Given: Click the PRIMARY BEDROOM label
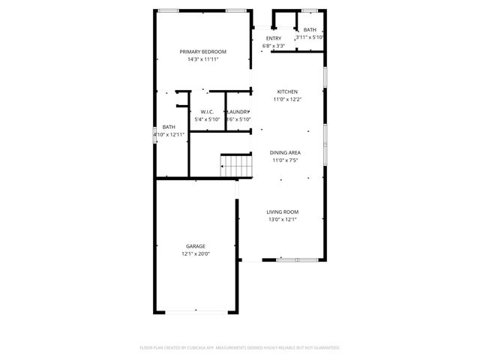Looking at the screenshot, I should click(202, 51).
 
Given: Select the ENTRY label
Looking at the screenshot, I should click(274, 38).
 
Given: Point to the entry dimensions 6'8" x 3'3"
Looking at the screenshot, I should click(274, 46).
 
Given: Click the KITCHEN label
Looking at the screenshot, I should click(286, 91).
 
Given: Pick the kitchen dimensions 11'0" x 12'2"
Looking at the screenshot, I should click(286, 99).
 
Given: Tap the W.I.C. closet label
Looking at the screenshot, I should click(208, 112).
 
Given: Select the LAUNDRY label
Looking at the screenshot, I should click(238, 112).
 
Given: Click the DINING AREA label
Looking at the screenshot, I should click(285, 153).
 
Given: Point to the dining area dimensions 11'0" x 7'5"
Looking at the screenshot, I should click(285, 160).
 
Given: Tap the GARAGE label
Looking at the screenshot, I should click(196, 246).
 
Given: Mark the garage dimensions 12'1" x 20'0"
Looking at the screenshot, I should click(196, 253).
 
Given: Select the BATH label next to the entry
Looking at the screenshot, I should click(310, 29).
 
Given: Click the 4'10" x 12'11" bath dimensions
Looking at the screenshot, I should click(169, 134).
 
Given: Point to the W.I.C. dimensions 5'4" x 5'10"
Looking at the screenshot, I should click(208, 119).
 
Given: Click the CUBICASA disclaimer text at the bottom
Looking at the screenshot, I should click(240, 348).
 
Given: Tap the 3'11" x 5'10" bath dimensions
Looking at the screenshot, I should click(310, 37).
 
